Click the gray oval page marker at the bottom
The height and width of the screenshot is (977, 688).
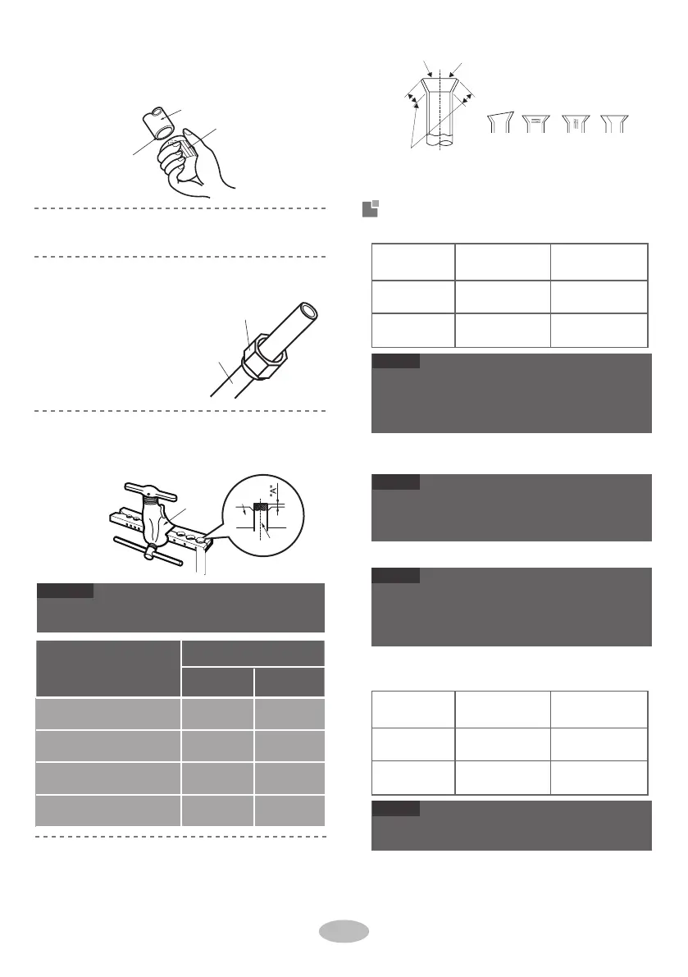coord(344,934)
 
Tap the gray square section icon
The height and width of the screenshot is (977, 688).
coord(370,210)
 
